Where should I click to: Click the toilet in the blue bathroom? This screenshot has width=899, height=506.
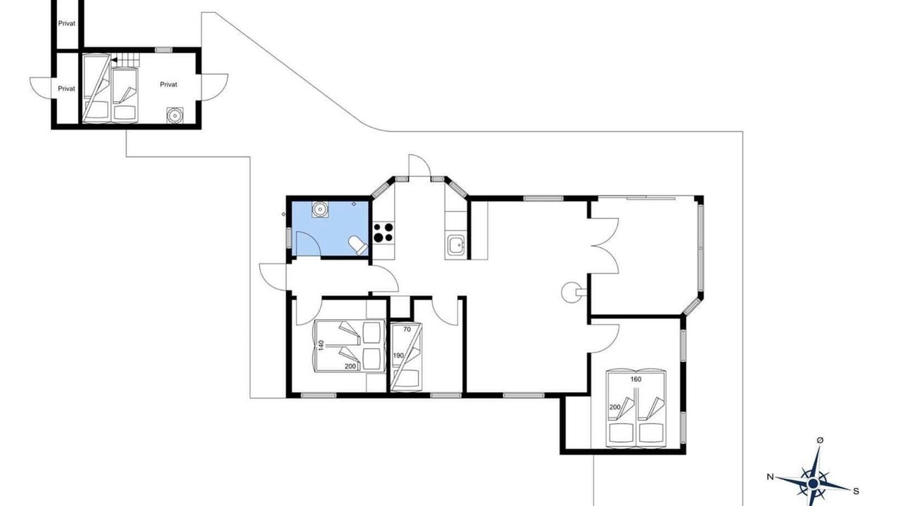point(358,245)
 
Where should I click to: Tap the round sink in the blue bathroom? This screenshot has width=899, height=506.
point(320,209)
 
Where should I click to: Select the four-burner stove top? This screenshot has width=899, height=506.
point(383,233)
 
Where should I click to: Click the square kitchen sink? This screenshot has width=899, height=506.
point(457,245)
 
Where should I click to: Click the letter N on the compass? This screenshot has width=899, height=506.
point(770,477)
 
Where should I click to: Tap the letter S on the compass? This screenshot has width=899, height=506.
point(855,491)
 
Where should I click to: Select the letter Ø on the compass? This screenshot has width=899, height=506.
point(820,441)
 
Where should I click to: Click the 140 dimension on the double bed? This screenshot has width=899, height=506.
point(321,345)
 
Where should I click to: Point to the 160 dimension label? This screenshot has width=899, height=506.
point(636,379)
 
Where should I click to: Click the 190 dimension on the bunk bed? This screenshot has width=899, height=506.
point(398,356)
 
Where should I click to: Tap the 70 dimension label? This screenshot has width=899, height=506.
point(407,330)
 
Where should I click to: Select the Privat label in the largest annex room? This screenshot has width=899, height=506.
point(169,84)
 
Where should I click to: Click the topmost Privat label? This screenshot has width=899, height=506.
point(67,23)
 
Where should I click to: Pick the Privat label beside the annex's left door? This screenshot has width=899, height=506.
point(67,89)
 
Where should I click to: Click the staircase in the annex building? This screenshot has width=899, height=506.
point(125,60)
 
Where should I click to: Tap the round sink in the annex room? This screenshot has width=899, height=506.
point(175,115)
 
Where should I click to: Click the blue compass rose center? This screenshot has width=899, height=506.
point(813,483)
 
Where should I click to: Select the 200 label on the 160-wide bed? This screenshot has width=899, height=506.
point(615,407)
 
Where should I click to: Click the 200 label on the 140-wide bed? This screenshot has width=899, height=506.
point(350,366)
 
